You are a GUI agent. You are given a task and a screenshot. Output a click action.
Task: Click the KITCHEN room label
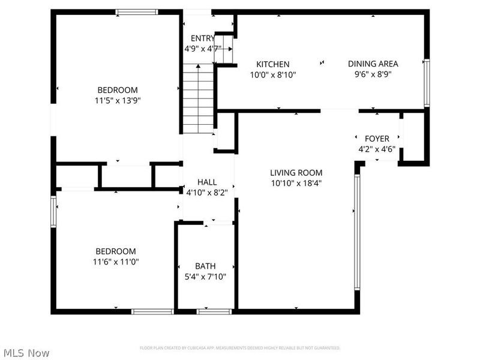273,64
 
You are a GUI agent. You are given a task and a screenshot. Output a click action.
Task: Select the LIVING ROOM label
296,173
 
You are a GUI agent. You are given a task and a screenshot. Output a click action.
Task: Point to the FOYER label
377,139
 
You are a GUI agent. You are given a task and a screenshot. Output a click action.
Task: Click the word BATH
205,266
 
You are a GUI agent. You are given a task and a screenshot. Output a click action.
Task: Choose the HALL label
208,182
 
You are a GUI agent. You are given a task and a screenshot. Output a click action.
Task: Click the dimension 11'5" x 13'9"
118,101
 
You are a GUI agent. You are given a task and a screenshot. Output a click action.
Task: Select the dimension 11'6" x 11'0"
118,262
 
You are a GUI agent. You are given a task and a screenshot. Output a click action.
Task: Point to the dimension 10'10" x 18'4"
296,183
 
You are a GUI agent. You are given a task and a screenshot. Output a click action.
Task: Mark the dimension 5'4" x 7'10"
205,277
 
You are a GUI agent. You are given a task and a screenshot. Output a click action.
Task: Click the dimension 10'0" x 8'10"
273,75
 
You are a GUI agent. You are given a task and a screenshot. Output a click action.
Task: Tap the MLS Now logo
26,353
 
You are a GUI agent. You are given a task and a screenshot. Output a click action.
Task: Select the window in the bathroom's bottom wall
215,311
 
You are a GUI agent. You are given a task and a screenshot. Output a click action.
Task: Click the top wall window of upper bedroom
137,11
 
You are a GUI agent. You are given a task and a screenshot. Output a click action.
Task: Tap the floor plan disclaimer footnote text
240,348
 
